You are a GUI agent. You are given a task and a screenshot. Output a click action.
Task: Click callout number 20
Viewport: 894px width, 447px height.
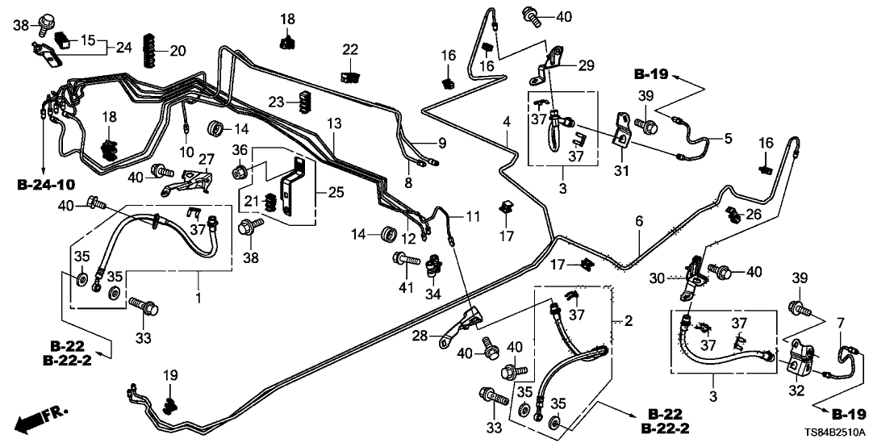[x=178, y=51]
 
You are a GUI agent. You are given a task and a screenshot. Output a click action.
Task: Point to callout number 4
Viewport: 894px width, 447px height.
[x=507, y=122]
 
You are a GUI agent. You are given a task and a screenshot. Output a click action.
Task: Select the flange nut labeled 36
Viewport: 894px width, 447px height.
[x=239, y=171]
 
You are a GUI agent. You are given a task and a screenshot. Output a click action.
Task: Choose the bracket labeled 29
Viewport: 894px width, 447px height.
[x=553, y=66]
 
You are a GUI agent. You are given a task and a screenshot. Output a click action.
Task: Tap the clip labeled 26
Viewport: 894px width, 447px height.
[x=733, y=214]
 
